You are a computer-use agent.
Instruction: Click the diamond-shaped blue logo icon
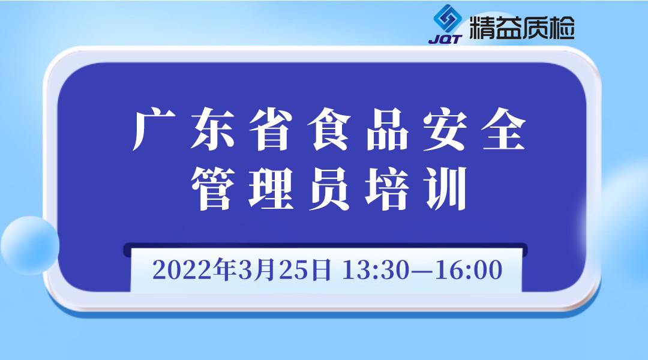tap(447, 19)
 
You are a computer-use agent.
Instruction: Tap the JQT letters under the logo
tap(445, 39)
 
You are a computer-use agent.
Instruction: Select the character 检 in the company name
tap(562, 28)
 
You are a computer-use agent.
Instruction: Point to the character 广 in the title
tap(154, 129)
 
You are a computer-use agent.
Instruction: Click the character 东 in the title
tap(212, 129)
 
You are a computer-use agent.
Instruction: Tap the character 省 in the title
tap(271, 129)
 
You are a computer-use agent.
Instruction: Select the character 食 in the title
tap(329, 129)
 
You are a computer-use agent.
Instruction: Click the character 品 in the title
tap(387, 129)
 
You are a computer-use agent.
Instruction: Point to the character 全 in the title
tap(504, 129)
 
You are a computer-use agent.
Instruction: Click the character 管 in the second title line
tap(212, 188)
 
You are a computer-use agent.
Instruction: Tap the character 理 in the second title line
tap(271, 188)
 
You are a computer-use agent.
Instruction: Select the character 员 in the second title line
tap(329, 188)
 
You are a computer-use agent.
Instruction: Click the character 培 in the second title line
tap(387, 188)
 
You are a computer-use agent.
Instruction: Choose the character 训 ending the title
tap(446, 188)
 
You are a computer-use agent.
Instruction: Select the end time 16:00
tap(469, 271)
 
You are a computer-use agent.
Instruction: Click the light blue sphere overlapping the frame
tap(30, 245)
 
